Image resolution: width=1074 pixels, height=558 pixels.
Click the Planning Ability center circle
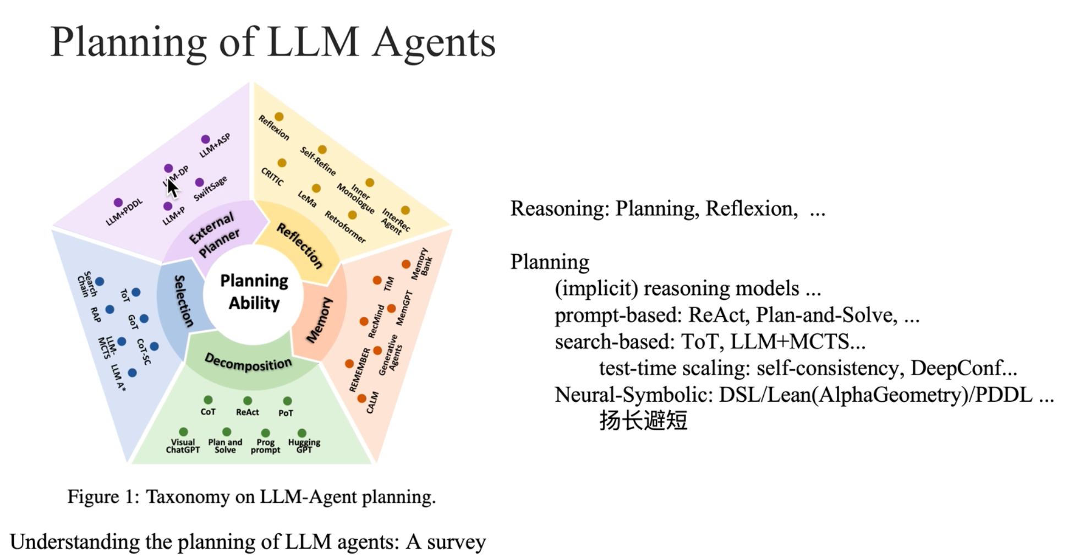254,292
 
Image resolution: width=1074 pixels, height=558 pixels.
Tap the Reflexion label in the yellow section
273,128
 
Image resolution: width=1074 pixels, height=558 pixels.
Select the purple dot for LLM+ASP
205,139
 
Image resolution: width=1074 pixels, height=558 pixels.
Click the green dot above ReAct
248,401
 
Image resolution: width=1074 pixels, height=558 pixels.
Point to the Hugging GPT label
304,446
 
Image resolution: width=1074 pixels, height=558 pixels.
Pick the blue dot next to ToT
136,292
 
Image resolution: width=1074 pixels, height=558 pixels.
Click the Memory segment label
319,320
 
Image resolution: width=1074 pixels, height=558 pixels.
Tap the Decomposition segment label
248,363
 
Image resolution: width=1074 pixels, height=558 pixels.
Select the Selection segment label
183,301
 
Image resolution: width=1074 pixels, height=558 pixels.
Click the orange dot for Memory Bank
406,264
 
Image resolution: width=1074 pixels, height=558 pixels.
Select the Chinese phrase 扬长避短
643,421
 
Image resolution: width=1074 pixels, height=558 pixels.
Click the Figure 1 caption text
251,497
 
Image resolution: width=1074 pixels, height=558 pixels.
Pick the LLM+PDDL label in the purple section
124,212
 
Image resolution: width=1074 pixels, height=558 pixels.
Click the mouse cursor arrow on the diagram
172,187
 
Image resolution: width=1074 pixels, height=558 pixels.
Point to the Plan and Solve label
225,446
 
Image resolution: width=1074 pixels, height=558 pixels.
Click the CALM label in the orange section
372,403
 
